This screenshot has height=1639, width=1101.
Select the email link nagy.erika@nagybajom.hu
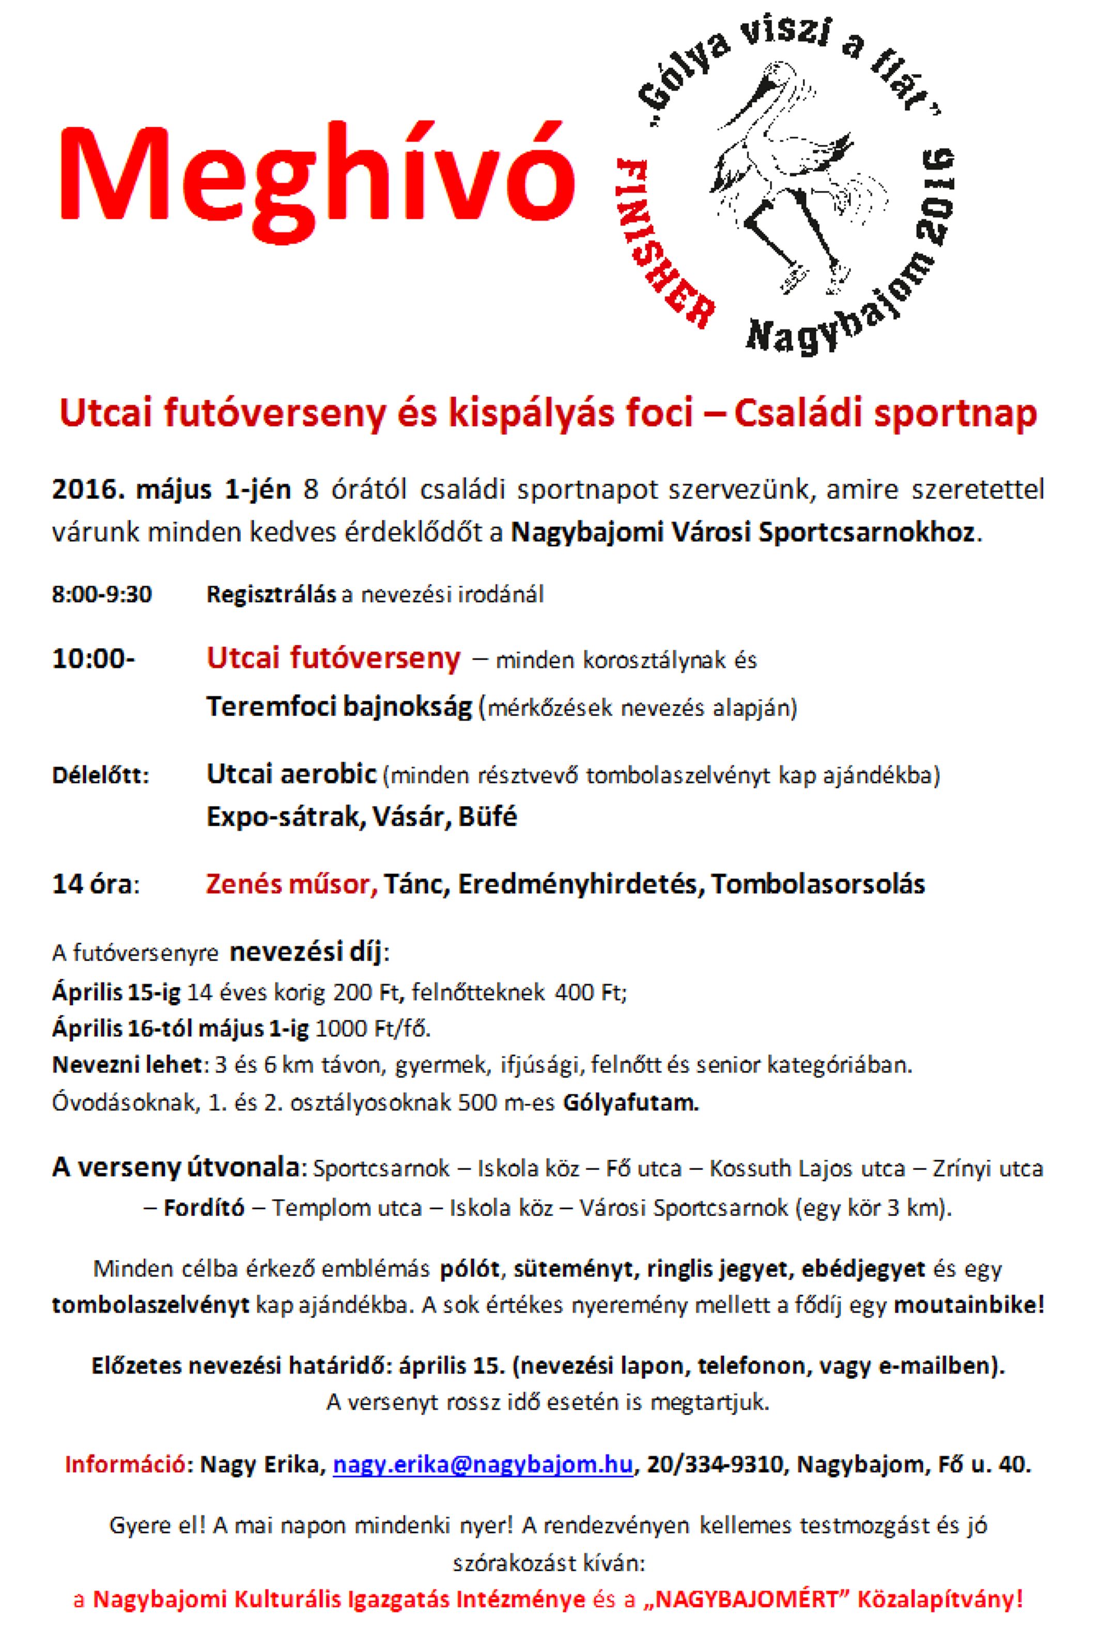point(483,1464)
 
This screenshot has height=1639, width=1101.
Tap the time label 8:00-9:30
point(102,595)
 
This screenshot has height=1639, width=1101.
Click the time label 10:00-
point(94,659)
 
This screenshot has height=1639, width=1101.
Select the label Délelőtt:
point(100,776)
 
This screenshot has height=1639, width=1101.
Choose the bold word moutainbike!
point(969,1306)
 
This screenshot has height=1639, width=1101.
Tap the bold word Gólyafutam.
point(630,1102)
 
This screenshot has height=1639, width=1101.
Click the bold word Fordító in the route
point(204,1208)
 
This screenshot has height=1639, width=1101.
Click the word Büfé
point(488,816)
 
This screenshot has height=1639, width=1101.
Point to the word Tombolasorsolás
point(818,884)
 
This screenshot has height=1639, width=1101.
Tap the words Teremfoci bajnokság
point(338,706)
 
